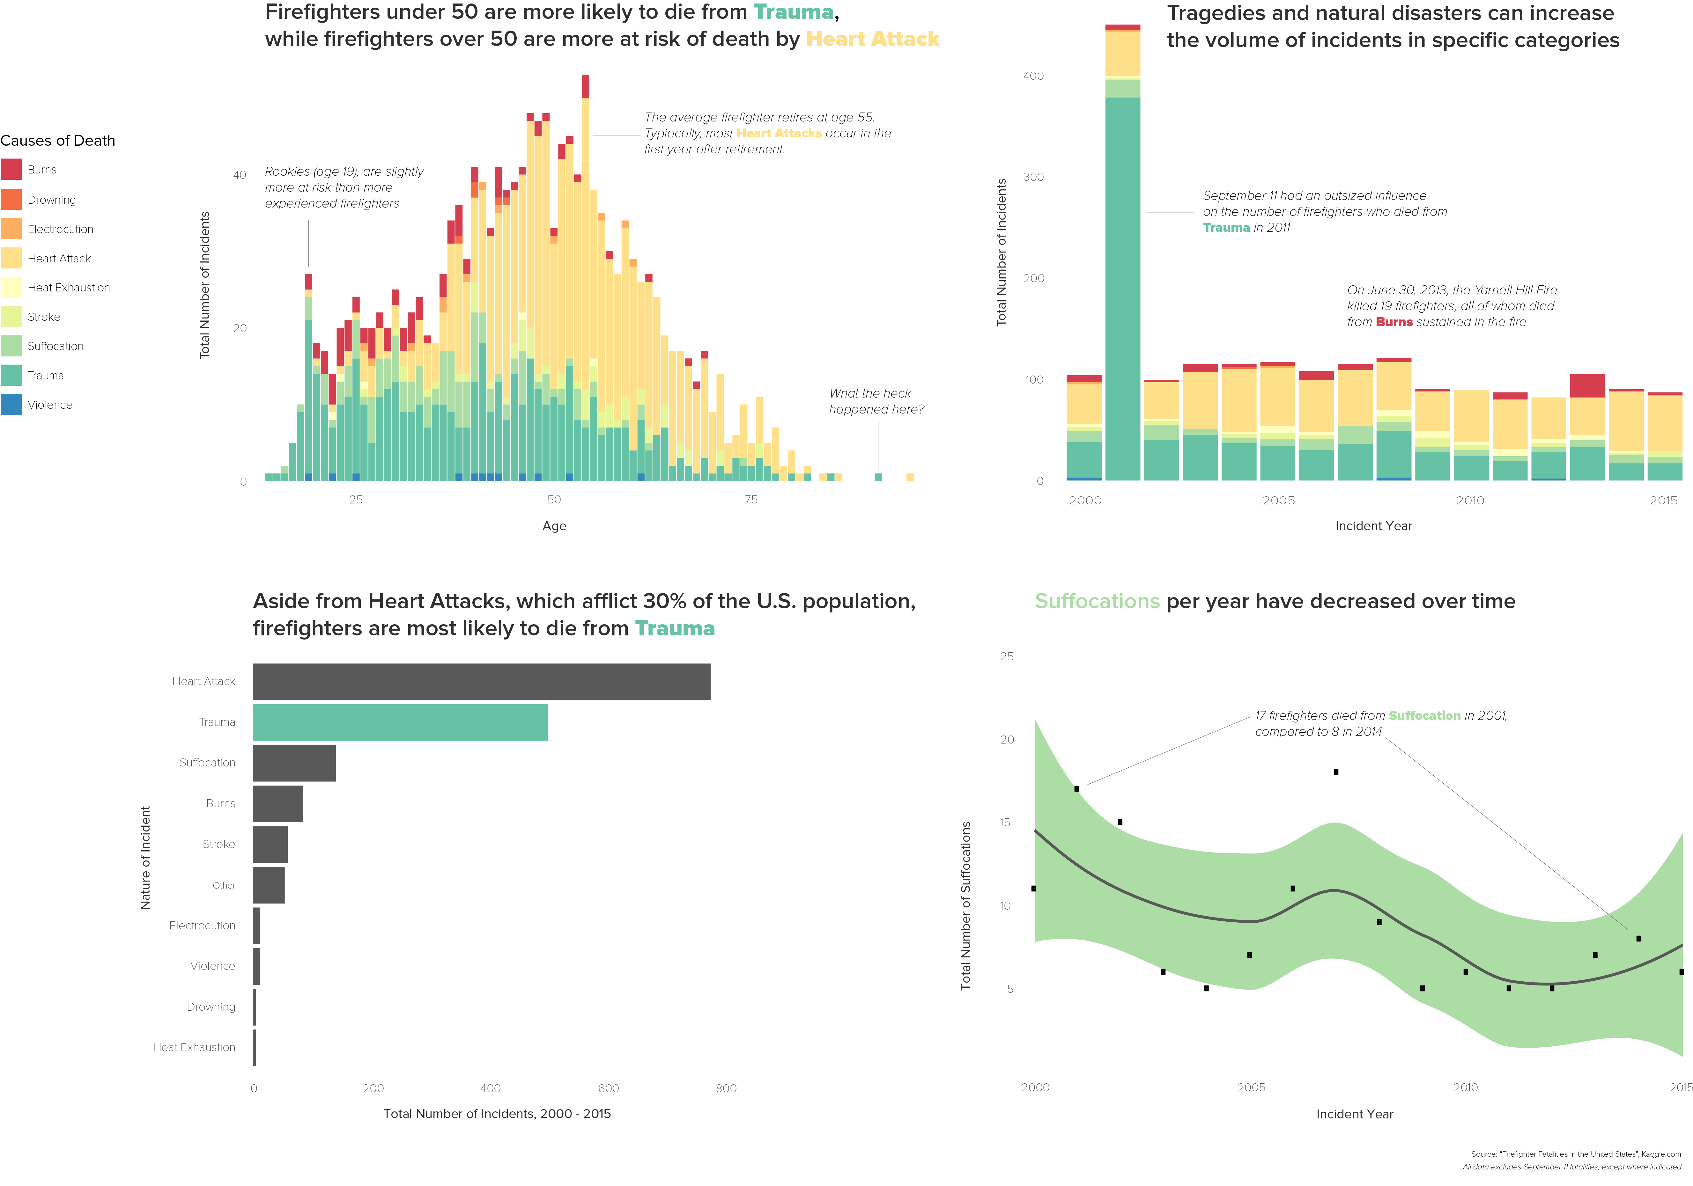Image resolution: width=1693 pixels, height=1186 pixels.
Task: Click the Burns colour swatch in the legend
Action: [11, 170]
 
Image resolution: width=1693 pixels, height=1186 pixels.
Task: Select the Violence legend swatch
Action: [11, 405]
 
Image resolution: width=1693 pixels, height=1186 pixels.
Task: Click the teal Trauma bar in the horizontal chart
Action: [400, 722]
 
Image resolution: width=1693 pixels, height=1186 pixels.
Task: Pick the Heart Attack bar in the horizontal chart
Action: [482, 682]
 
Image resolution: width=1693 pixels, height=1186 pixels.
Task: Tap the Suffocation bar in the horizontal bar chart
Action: [294, 763]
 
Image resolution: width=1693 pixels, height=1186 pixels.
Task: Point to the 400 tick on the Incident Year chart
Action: [1033, 76]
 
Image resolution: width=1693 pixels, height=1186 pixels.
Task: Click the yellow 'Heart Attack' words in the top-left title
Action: [872, 39]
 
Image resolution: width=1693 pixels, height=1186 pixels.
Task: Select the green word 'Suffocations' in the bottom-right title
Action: [1097, 602]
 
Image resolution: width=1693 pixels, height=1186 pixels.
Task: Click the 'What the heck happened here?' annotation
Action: [876, 402]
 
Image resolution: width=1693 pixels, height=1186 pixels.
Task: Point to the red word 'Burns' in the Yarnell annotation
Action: [1394, 322]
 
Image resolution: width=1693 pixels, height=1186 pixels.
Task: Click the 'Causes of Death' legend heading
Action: [57, 141]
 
